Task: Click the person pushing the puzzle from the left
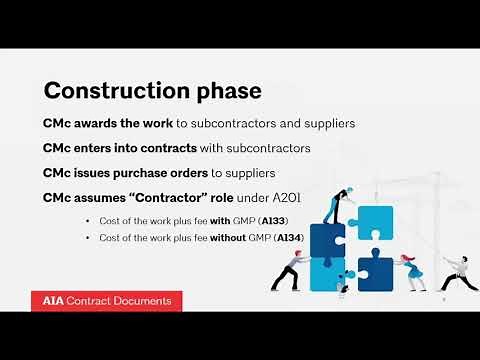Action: [291, 271]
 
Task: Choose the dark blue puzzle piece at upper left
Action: [328, 240]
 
